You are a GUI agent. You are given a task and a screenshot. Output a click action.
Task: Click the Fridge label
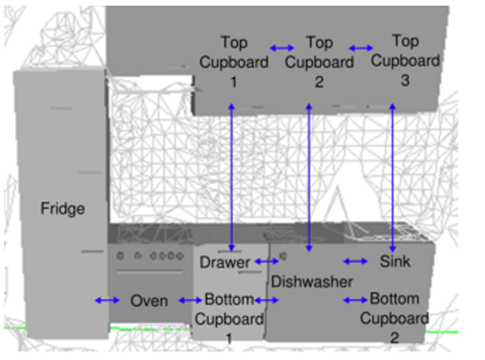click(63, 208)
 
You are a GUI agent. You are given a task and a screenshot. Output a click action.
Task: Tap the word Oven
click(149, 301)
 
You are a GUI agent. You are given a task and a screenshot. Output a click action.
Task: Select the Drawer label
click(225, 262)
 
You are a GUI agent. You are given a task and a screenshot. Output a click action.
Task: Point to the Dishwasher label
click(312, 281)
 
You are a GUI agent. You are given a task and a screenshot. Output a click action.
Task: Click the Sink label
click(395, 261)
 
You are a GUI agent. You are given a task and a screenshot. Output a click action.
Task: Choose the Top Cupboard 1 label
click(234, 62)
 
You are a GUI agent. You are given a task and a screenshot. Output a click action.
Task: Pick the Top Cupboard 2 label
click(319, 62)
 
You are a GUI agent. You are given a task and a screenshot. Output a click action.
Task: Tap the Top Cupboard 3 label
click(406, 60)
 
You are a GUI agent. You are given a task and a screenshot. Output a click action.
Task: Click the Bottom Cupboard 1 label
click(229, 319)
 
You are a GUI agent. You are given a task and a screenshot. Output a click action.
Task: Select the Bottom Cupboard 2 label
click(394, 319)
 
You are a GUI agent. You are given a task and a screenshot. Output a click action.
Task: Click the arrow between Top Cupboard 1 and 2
click(282, 48)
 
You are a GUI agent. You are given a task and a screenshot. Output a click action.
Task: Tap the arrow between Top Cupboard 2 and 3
click(361, 48)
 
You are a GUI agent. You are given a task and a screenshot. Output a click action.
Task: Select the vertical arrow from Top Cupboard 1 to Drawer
click(231, 177)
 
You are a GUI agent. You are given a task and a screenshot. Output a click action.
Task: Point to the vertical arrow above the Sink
click(392, 177)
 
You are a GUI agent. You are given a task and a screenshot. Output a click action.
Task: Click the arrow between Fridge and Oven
click(107, 300)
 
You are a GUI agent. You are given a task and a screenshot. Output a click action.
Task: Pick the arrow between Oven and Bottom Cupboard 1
click(190, 300)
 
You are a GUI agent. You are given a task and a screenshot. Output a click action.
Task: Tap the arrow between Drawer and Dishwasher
click(266, 261)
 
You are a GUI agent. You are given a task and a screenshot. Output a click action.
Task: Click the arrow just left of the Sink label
click(355, 261)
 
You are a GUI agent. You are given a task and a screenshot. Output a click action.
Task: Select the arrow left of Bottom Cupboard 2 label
click(355, 300)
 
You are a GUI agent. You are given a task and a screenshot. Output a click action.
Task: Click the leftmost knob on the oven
click(121, 256)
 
